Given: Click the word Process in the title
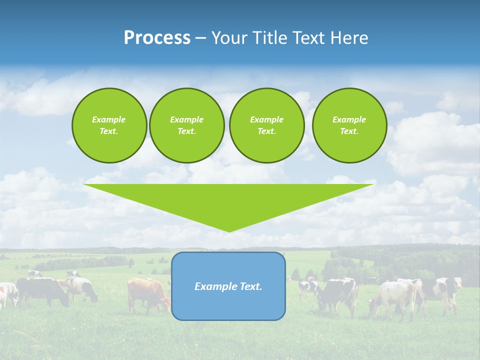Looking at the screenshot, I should coord(157,38).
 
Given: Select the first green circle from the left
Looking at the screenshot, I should coord(109,125).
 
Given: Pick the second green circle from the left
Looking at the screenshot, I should coord(186,125).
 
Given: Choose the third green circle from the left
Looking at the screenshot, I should coord(266,125).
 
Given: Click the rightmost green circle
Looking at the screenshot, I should coord(349,125).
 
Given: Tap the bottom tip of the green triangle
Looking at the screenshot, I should coord(228,230).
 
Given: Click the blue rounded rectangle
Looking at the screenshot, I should coord(228,305).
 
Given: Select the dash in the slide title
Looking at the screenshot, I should coord(200,38).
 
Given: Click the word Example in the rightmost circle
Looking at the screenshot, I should coord(349,119).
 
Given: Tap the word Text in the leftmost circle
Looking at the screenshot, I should coord(109,131).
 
